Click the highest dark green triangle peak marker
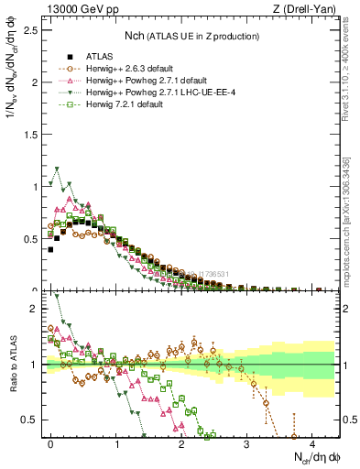(x=58, y=169)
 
